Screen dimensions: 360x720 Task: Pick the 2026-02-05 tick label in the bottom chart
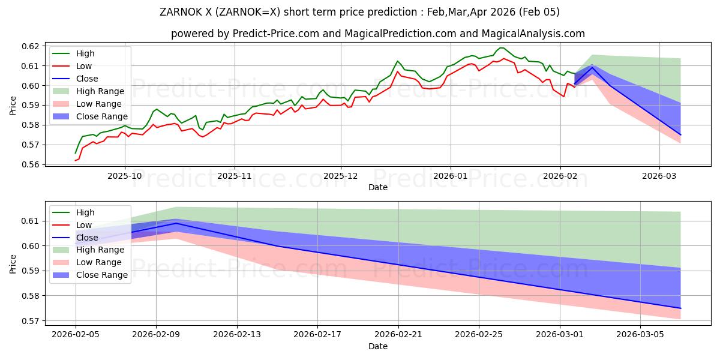point(76,334)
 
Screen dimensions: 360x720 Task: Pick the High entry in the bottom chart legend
point(85,212)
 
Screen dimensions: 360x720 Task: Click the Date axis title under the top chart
point(378,187)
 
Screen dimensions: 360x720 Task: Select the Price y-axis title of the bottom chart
point(13,263)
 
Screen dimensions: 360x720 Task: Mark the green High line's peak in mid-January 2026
point(502,47)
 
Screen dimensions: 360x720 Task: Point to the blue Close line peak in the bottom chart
point(176,223)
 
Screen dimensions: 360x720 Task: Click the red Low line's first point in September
point(76,161)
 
